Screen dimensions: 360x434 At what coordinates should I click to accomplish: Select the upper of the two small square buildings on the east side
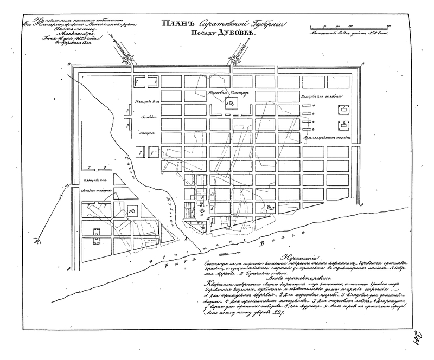[x=344, y=110]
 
